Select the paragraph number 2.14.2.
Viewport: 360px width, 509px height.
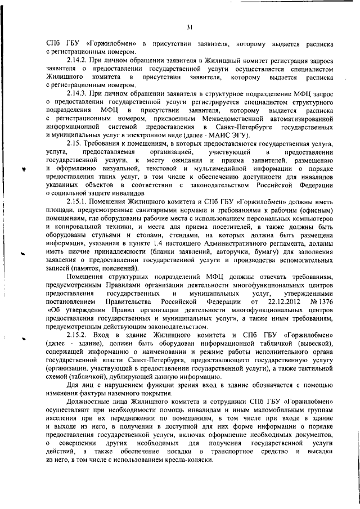click(76, 59)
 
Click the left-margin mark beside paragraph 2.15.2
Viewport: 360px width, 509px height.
click(25, 338)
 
